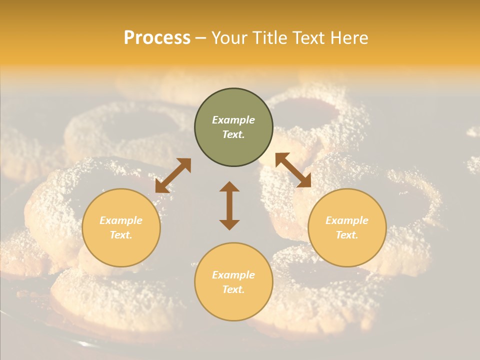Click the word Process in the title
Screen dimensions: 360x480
[x=157, y=38]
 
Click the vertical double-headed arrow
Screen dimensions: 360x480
[x=229, y=205]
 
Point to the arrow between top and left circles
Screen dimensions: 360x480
[x=173, y=175]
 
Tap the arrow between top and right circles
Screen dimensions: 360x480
[x=293, y=170]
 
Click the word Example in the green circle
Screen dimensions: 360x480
[x=233, y=120]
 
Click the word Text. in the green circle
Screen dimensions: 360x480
[x=233, y=134]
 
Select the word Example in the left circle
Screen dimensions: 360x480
[x=121, y=220]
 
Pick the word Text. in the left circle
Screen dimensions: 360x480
[x=121, y=235]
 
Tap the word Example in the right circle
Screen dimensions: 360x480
[x=347, y=220]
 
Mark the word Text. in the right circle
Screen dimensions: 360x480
[x=347, y=235]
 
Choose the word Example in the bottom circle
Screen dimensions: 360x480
[x=233, y=275]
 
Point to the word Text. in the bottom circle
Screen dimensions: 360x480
[x=233, y=289]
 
